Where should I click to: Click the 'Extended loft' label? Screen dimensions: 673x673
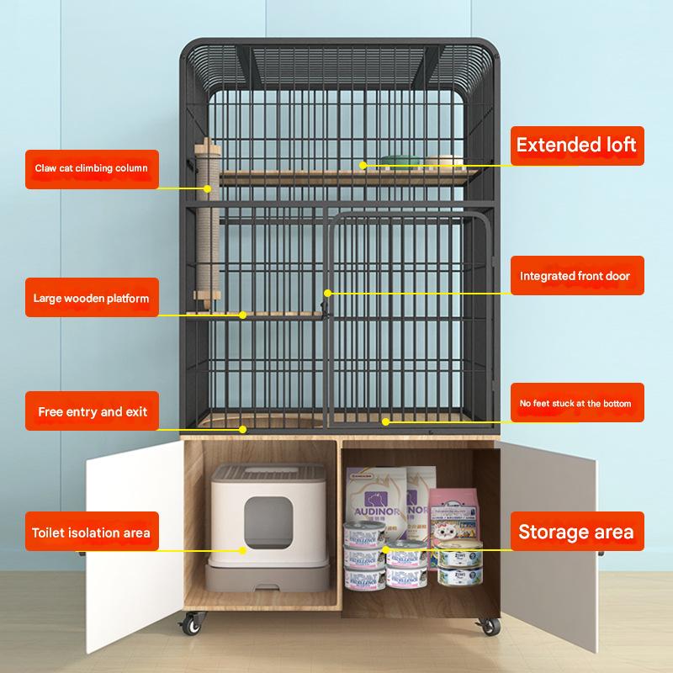[576, 145]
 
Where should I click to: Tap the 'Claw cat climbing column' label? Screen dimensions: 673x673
[92, 167]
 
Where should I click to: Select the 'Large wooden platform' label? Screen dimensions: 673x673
[92, 298]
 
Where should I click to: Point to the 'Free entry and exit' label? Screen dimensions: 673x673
[92, 412]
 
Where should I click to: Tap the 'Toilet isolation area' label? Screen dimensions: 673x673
[92, 533]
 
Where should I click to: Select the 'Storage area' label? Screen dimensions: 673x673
[575, 532]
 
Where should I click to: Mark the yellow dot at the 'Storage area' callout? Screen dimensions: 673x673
[386, 549]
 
